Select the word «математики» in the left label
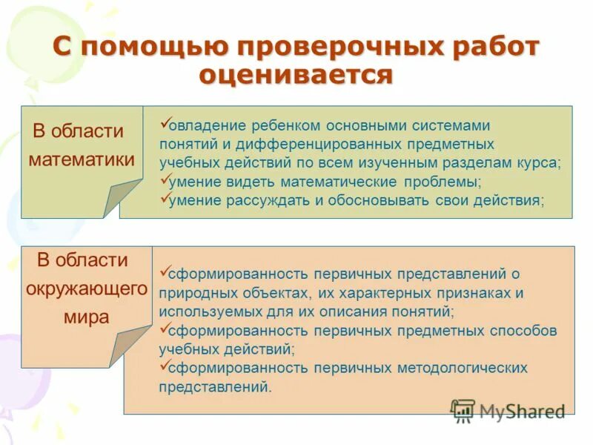point(82,159)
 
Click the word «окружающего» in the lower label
point(87,289)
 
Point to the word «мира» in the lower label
point(85,317)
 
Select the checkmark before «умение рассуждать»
point(165,197)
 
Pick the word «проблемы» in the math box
point(443,182)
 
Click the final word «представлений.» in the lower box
point(216,386)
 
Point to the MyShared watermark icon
point(463,410)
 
